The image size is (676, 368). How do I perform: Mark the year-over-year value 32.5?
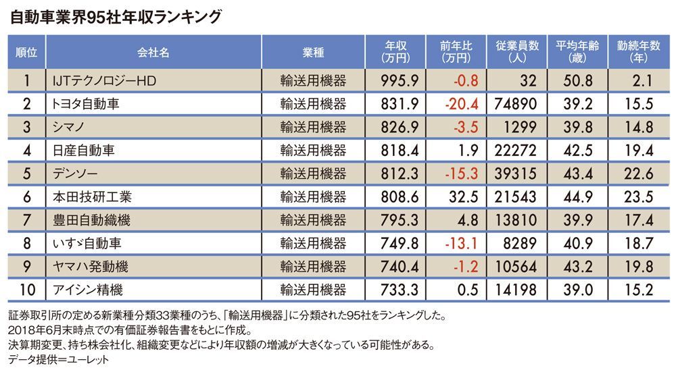(464, 196)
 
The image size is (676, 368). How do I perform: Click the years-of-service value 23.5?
(639, 196)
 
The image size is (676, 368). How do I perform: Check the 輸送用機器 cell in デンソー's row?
(313, 174)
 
